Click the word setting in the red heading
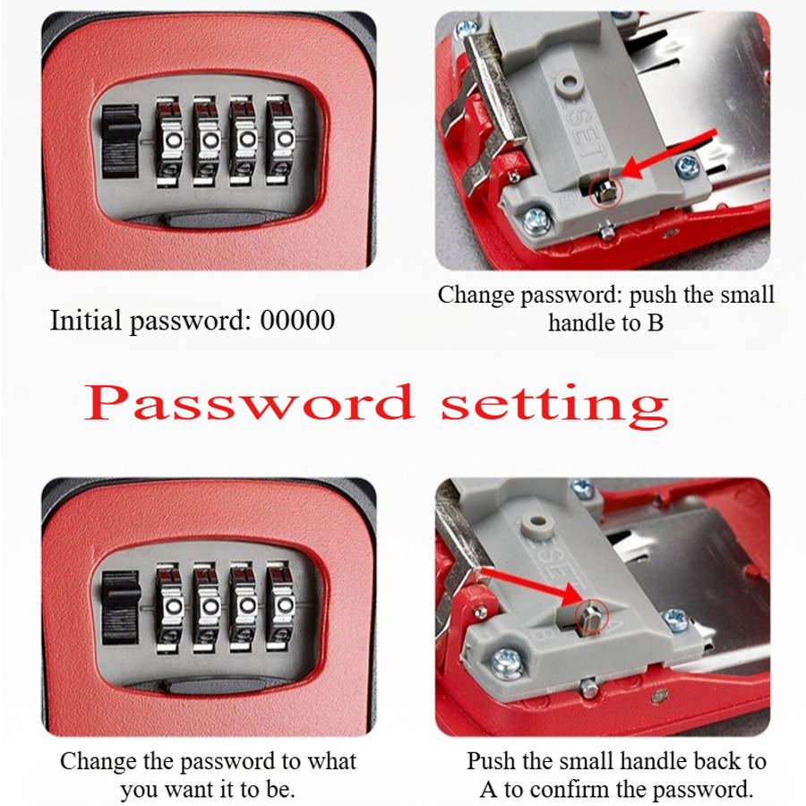pyautogui.click(x=554, y=406)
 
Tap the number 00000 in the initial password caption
pyautogui.click(x=297, y=320)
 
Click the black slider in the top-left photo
pyautogui.click(x=121, y=141)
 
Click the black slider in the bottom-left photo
pyautogui.click(x=121, y=607)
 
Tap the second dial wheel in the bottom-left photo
pyautogui.click(x=207, y=606)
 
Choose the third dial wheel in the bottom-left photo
pyautogui.click(x=244, y=606)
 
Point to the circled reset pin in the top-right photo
pyautogui.click(x=605, y=192)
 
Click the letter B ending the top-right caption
pyautogui.click(x=656, y=322)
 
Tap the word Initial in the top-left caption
pyautogui.click(x=86, y=320)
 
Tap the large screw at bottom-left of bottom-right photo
pyautogui.click(x=508, y=663)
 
